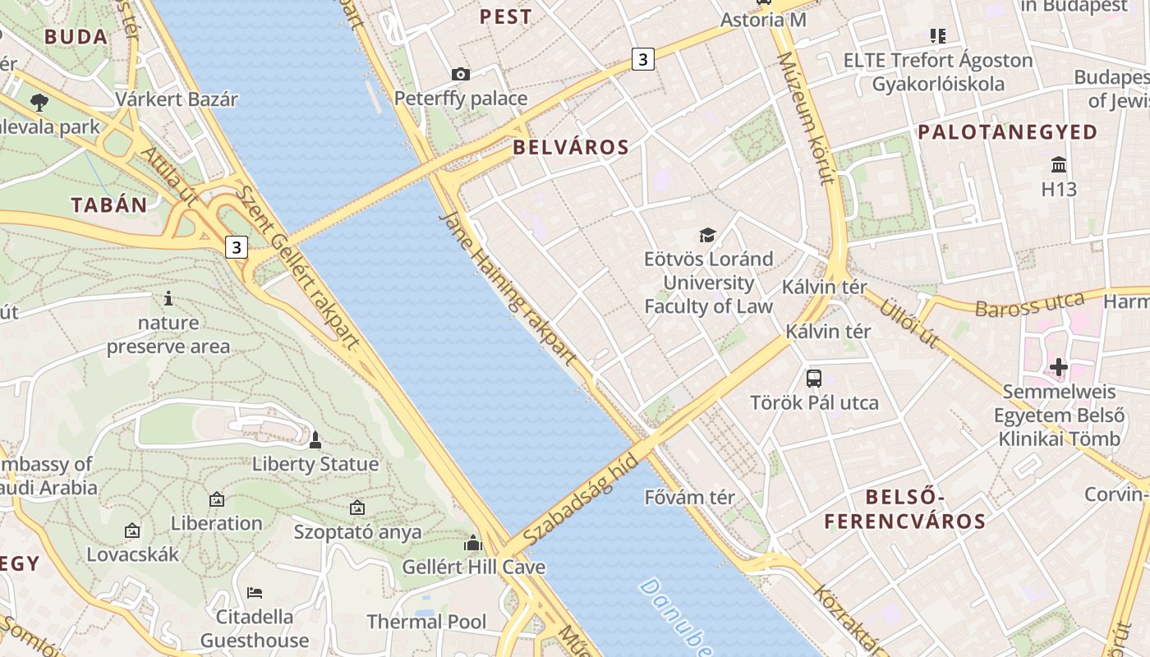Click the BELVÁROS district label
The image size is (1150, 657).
pos(571,148)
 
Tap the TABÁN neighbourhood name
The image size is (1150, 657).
pos(108,205)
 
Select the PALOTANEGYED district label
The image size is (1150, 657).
pos(1007,132)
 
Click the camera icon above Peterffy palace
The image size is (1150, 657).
pos(461,75)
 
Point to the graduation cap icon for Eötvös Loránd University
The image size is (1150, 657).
pos(707,236)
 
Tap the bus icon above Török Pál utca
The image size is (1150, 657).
pos(813,379)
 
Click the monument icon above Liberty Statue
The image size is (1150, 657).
pos(315,441)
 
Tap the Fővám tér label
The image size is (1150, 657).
pos(689,497)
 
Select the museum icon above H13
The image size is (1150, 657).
pos(1059,165)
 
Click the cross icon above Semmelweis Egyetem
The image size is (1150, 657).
pos(1059,366)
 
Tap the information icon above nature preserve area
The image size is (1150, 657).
pos(168,298)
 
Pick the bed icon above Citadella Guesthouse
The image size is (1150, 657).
pos(255,592)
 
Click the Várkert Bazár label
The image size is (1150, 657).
pos(177,99)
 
